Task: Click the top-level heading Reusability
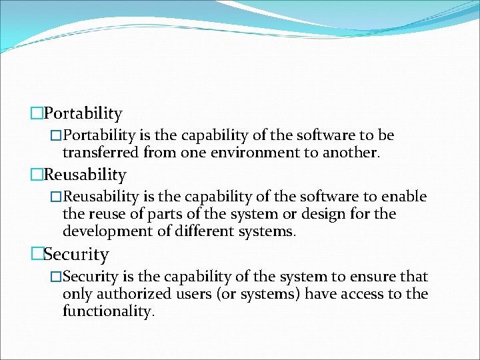(x=85, y=175)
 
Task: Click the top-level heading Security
(x=77, y=255)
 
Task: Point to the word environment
(x=248, y=152)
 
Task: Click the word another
(x=351, y=152)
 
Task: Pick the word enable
(x=405, y=197)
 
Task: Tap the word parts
(x=164, y=214)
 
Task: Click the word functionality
(x=108, y=311)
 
